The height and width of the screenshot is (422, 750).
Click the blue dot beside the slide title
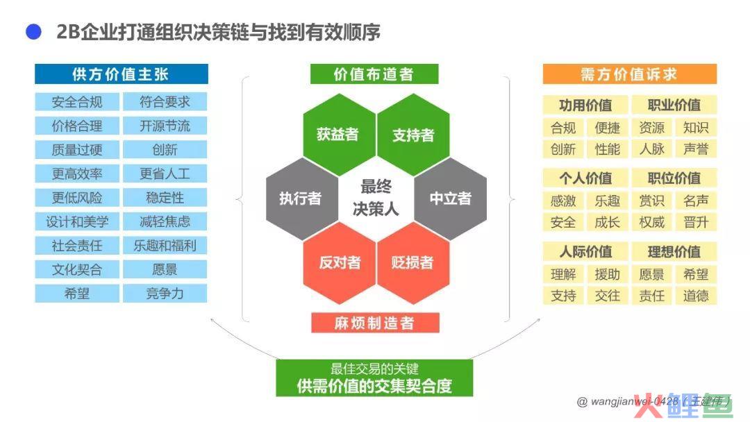[33, 32]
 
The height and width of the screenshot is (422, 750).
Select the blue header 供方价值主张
[122, 74]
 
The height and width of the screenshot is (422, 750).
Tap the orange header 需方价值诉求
[629, 74]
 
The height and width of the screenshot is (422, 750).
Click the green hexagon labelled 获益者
[339, 134]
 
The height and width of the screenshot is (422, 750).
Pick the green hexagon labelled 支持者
[413, 134]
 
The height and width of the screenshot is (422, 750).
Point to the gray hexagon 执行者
[302, 199]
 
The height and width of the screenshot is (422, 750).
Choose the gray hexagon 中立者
[451, 199]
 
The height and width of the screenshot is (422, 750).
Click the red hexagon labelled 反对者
[339, 262]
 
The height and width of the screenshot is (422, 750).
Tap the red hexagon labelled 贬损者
[413, 262]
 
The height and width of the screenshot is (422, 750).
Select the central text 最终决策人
[376, 198]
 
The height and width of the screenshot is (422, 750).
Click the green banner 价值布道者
[374, 74]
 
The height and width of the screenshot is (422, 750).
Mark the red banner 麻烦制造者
[375, 323]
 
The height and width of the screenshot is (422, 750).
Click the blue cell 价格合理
[77, 126]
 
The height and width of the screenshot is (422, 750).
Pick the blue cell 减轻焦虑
[165, 221]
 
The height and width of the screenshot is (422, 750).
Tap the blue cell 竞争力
[165, 293]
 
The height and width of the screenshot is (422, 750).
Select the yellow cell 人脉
[652, 149]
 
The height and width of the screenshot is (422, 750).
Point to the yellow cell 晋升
[696, 222]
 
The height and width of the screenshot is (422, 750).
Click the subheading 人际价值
[585, 251]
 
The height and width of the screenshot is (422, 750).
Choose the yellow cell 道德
[696, 296]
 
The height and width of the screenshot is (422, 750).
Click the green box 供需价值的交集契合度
[374, 378]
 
